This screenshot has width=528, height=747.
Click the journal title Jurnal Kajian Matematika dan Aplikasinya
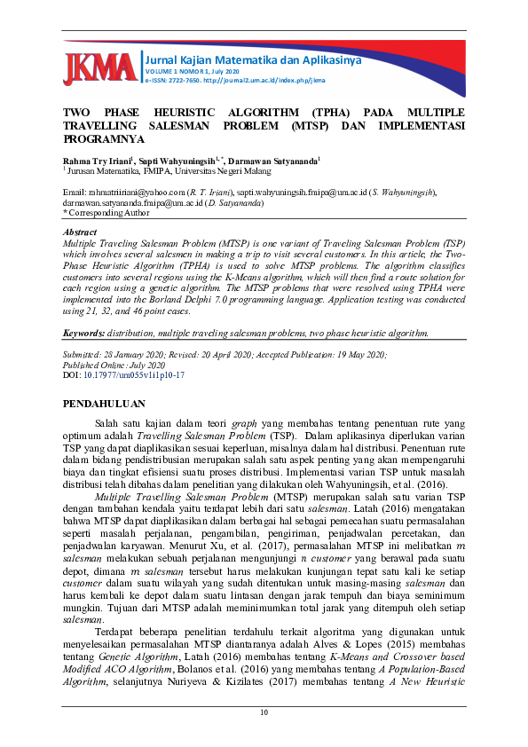pyautogui.click(x=240, y=59)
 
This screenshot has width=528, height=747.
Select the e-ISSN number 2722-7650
pyautogui.click(x=185, y=80)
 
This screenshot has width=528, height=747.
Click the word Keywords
pyautogui.click(x=84, y=334)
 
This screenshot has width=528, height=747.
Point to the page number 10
pyautogui.click(x=264, y=712)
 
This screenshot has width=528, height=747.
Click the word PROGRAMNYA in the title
pyautogui.click(x=103, y=139)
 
